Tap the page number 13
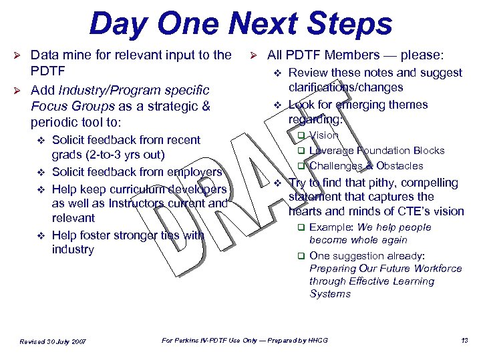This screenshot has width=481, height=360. click(x=464, y=341)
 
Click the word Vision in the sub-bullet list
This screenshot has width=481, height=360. click(x=324, y=135)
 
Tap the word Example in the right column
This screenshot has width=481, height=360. click(x=331, y=227)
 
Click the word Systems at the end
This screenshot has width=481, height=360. click(x=330, y=294)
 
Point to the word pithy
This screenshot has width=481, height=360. click(x=374, y=183)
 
